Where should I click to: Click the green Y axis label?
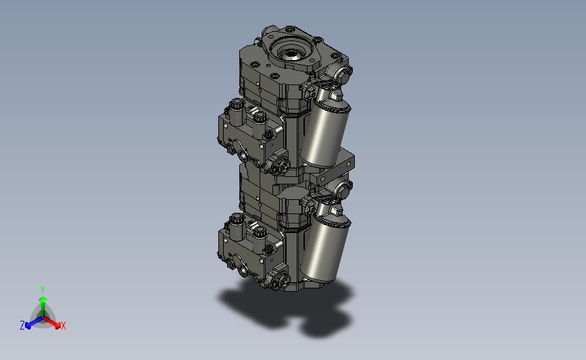pos(43,290)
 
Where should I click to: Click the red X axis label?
pos(63,326)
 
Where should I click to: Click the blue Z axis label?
pos(22,326)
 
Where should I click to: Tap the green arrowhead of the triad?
pos(43,299)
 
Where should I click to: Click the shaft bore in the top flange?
pos(291,55)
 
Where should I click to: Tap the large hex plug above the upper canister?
pos(342,76)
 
